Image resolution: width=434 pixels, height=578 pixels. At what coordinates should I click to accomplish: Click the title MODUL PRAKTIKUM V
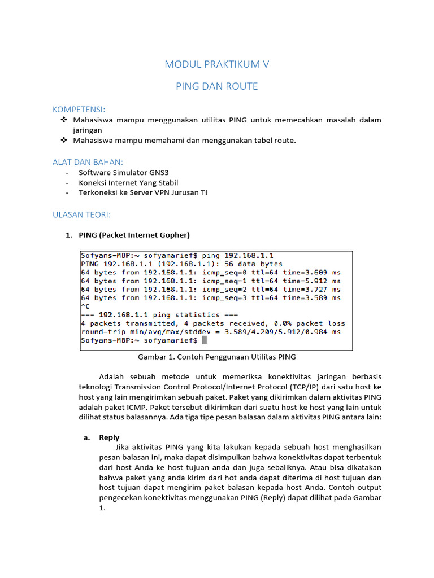click(217, 64)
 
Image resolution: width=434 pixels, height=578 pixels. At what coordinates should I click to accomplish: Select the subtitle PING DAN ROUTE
click(217, 86)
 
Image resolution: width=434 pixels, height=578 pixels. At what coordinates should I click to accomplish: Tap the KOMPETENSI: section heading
click(79, 109)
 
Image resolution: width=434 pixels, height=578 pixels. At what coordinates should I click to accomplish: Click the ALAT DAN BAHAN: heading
click(88, 162)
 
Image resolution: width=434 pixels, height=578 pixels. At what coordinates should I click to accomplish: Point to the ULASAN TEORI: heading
click(81, 215)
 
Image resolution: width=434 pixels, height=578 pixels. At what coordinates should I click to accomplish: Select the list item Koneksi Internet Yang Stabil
click(128, 183)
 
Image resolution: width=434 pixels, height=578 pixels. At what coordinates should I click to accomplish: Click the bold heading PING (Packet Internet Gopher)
click(134, 235)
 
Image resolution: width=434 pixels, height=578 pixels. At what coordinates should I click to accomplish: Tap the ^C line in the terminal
click(86, 306)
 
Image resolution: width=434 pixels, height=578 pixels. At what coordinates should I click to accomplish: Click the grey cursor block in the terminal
click(205, 340)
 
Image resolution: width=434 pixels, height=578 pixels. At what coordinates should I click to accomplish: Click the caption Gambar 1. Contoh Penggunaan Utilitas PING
click(217, 357)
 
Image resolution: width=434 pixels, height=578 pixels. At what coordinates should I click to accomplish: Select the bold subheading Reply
click(109, 437)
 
